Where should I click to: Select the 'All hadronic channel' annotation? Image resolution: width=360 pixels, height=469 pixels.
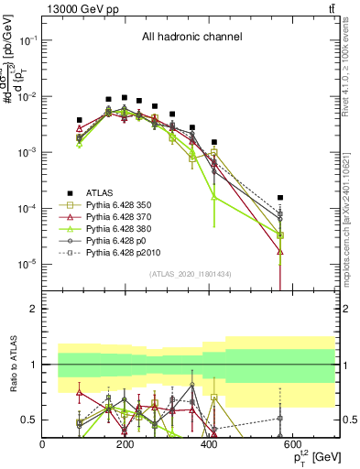click(x=191, y=37)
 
